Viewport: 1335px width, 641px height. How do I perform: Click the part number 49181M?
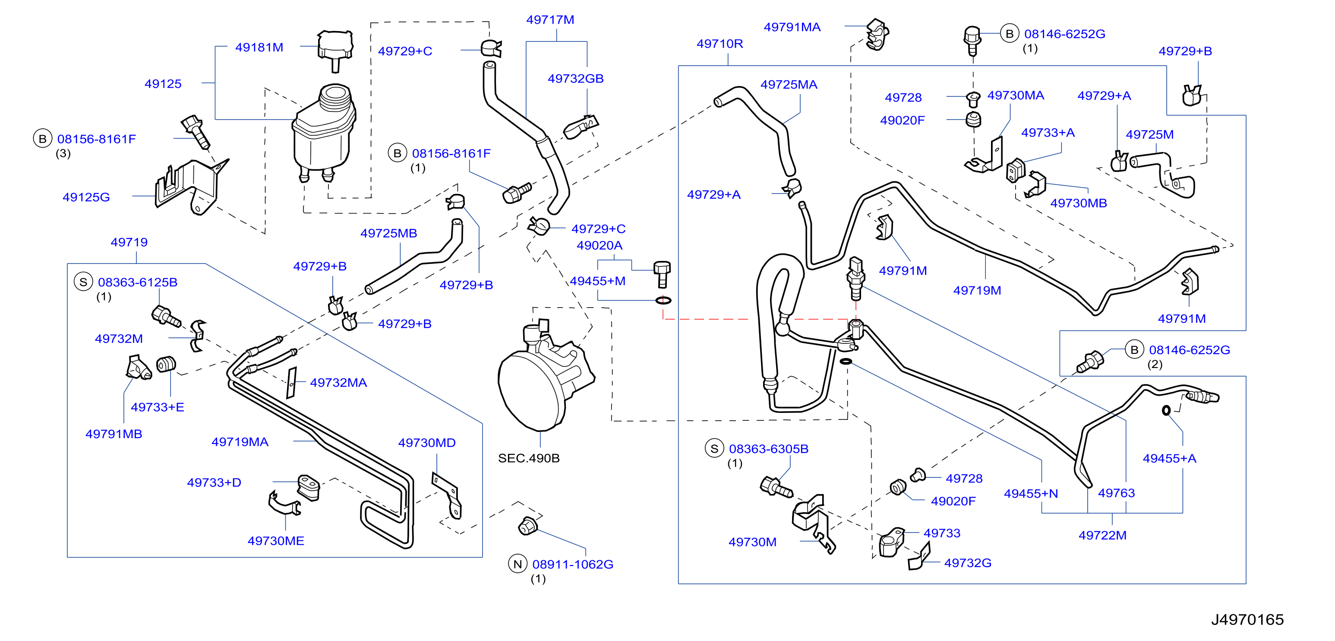coord(259,47)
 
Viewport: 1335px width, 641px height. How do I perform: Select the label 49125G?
coord(86,197)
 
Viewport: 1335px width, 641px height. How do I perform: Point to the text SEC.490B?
coord(529,458)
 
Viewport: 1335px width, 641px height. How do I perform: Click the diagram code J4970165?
coord(1247,619)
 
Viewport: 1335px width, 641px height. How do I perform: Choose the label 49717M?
coord(550,20)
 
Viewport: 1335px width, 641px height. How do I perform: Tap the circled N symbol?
coord(518,564)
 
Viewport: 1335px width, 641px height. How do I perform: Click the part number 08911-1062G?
coord(573,564)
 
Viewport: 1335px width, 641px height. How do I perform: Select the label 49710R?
coord(720,44)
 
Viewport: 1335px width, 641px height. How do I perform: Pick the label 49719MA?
coord(240,442)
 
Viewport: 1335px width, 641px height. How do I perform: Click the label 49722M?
coord(1102,535)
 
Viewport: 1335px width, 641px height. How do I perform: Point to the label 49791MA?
coord(792,27)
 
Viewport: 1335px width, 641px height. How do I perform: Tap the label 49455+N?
coord(1031,493)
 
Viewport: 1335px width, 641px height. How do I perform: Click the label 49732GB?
coord(575,78)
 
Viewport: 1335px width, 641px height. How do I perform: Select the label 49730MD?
coord(426,442)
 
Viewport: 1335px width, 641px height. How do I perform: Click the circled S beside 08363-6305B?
coord(714,449)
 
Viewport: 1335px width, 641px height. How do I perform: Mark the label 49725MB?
coord(389,233)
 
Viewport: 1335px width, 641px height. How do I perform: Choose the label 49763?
coord(1116,493)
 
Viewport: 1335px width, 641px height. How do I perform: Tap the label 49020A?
coord(599,245)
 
